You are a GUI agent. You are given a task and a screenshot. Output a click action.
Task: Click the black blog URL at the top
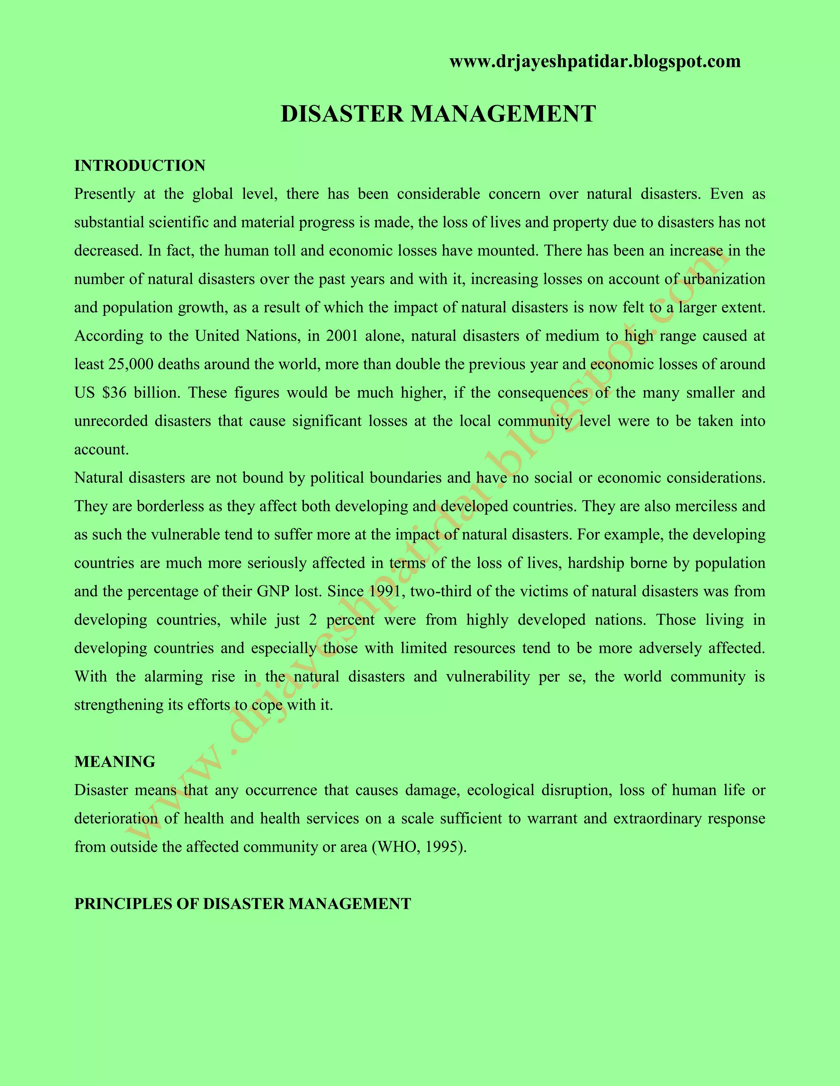[x=595, y=61]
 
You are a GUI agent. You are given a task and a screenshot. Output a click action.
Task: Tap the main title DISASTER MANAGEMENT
[x=438, y=114]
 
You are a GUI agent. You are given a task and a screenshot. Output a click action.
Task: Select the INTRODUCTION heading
[x=140, y=166]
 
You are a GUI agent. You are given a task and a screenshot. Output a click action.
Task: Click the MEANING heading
[x=114, y=762]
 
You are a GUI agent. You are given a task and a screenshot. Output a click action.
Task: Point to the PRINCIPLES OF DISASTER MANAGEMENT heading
[x=242, y=904]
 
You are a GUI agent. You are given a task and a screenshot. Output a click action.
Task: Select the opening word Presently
[x=105, y=194]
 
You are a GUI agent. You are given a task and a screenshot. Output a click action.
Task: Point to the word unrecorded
[x=110, y=421]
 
